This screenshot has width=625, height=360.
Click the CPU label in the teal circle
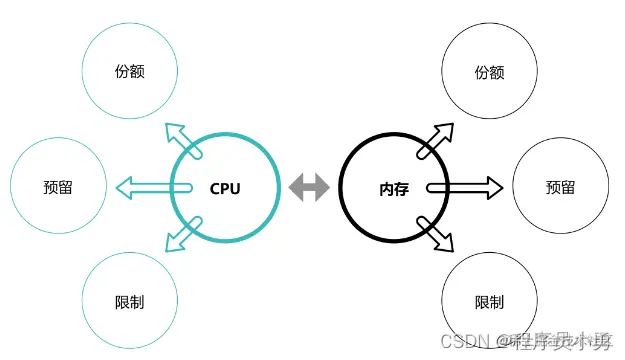click(x=225, y=187)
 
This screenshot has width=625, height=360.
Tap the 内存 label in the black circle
click(x=394, y=187)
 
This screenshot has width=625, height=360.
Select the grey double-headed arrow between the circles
click(x=309, y=187)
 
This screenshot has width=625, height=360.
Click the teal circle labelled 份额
click(x=131, y=72)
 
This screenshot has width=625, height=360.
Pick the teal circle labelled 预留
click(x=57, y=187)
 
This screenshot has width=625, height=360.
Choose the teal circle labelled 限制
click(x=131, y=300)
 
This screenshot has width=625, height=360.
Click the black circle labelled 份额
click(x=489, y=72)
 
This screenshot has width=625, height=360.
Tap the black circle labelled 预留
click(x=560, y=187)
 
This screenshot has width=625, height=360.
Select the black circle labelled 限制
click(x=489, y=300)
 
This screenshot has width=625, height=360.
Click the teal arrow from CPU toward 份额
click(x=182, y=139)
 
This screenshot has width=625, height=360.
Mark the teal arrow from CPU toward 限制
click(x=182, y=234)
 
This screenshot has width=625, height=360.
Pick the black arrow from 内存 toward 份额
click(x=435, y=140)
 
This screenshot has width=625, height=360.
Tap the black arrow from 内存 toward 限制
click(x=435, y=233)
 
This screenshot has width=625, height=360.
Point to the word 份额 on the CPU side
click(x=131, y=72)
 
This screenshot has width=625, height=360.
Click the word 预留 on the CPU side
click(x=57, y=187)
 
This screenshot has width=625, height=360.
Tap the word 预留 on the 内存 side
click(x=560, y=187)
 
